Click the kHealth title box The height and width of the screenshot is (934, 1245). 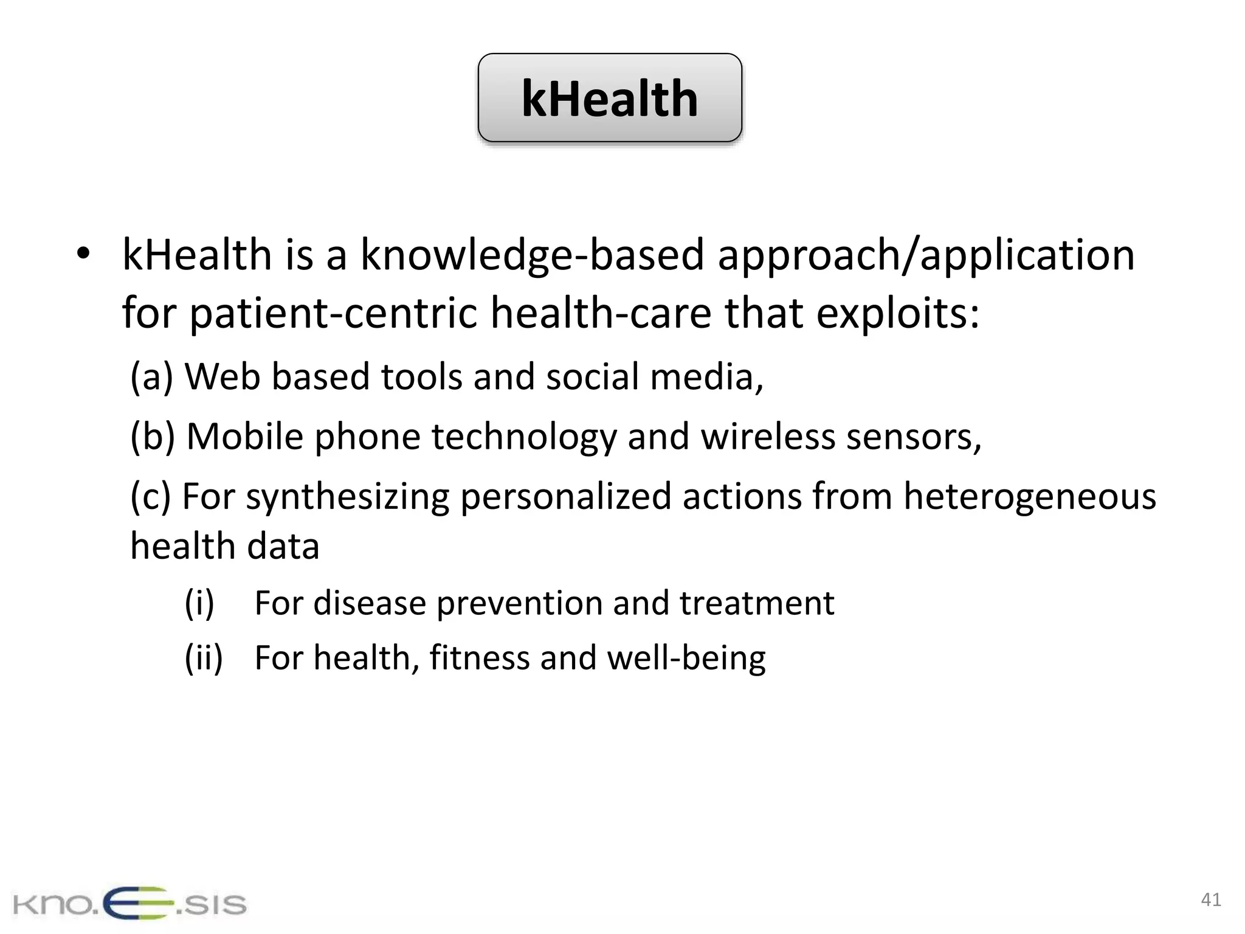point(610,98)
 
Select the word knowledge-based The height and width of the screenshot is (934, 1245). point(533,255)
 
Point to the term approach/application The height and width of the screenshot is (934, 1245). point(926,255)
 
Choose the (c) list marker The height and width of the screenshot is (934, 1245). point(151,496)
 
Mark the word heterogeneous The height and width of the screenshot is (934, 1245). point(1029,496)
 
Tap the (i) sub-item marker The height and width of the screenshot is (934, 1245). point(199,603)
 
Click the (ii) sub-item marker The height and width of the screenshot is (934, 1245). point(204,657)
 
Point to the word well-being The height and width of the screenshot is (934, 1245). point(686,659)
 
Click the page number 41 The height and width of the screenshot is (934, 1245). point(1211,899)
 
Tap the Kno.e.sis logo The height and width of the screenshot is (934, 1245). point(129,903)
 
